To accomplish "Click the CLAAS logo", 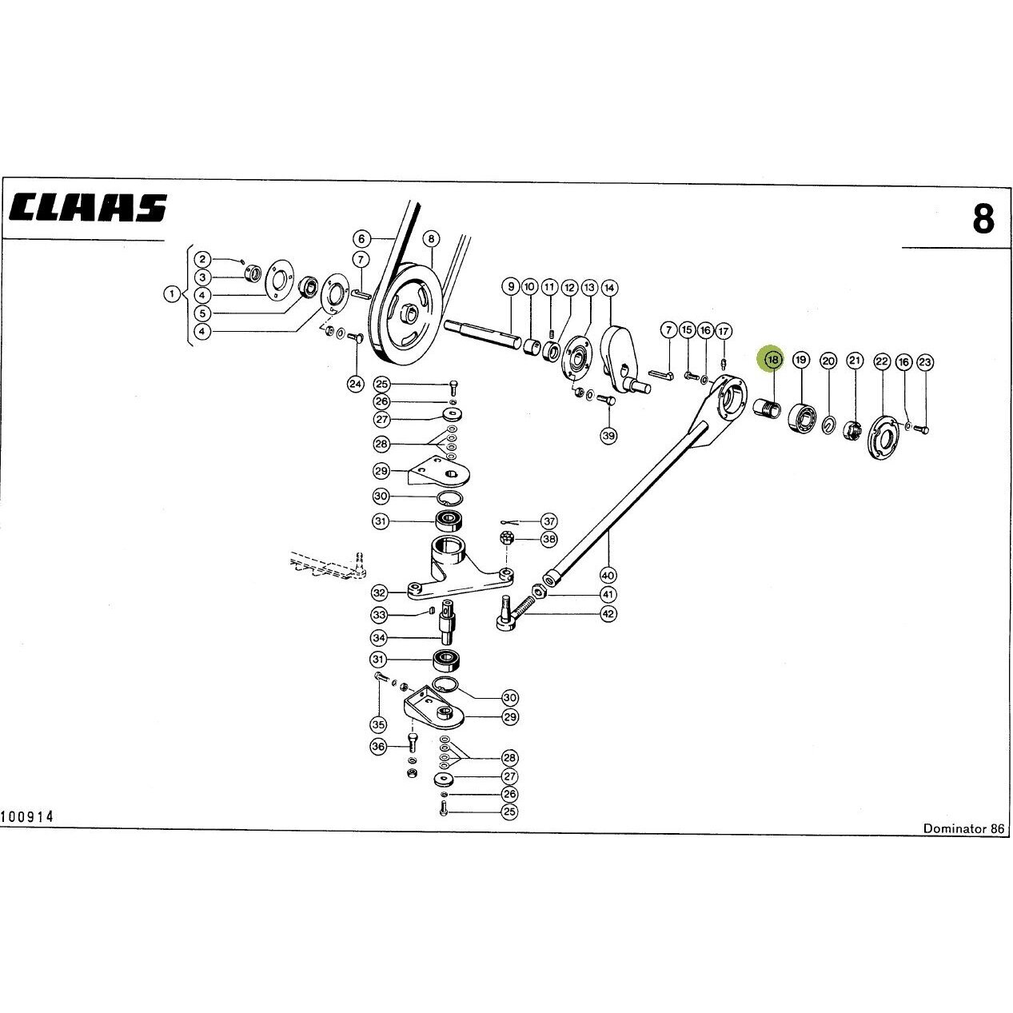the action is click(88, 208).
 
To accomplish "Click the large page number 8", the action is click(983, 219).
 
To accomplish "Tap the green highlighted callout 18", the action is click(772, 360).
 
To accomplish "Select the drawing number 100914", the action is click(27, 832).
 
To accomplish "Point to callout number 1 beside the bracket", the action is click(172, 294).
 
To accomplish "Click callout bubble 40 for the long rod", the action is click(608, 575).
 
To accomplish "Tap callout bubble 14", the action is click(609, 288).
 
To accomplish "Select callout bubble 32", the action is click(379, 592).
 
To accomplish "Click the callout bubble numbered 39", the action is click(608, 436).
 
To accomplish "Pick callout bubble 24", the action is click(355, 385).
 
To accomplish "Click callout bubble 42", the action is click(608, 613).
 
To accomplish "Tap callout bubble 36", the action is click(378, 747).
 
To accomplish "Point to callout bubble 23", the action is click(925, 362).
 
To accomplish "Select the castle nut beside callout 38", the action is click(506, 538).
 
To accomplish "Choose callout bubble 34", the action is click(379, 638).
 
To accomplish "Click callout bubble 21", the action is click(855, 360).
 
